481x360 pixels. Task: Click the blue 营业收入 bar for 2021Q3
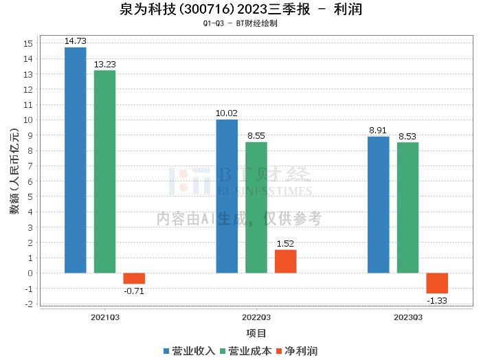coord(76,160)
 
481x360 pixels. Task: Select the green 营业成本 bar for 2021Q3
coord(104,172)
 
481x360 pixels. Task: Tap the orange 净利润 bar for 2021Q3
coord(134,278)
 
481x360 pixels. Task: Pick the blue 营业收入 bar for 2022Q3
coord(227,196)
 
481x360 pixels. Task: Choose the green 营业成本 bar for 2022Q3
coord(256,207)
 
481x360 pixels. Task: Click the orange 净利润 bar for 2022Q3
coord(285,261)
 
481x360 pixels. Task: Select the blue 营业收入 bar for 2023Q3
coord(378,205)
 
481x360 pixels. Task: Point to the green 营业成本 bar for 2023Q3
coord(407,207)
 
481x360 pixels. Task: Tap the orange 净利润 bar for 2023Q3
coord(437,283)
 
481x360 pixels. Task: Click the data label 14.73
coord(76,41)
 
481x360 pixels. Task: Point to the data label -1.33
coord(437,300)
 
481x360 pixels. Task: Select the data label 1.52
coord(285,243)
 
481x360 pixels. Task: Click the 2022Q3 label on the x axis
coord(256,317)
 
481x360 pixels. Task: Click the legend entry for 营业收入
coord(190,350)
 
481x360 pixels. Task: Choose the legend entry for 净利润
coord(297,350)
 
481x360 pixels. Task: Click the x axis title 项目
coord(256,333)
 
